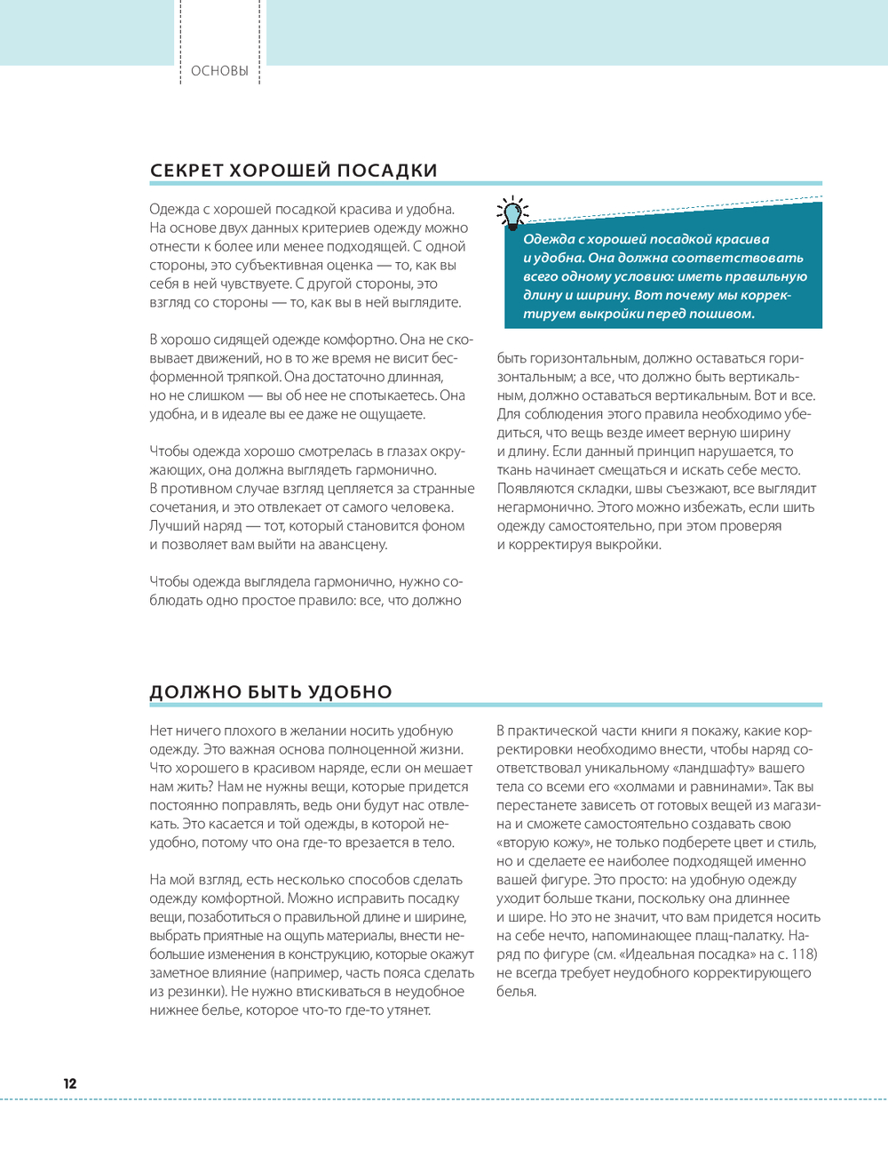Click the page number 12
point(70,1083)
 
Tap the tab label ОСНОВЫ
point(219,71)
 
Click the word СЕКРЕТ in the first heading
point(186,171)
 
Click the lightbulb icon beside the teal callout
point(512,212)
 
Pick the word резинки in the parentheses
point(194,992)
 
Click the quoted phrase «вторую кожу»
point(543,843)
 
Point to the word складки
point(598,489)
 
